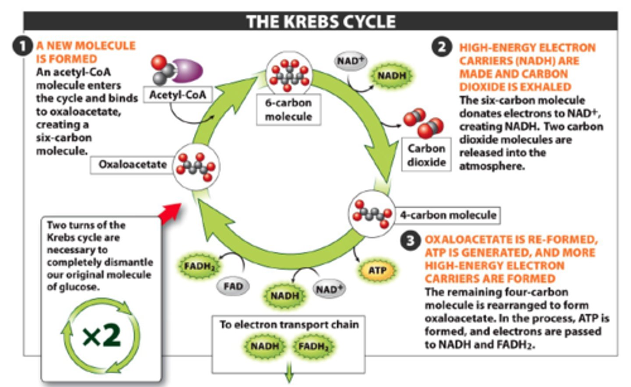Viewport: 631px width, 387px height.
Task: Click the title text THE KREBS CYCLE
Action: (321, 21)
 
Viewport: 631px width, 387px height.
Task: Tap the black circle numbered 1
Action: (22, 46)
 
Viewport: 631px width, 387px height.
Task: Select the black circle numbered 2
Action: (442, 46)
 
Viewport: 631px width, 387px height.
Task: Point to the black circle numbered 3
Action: (410, 240)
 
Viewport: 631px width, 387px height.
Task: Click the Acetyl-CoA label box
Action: (177, 95)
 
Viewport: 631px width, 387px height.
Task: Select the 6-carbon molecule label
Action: (288, 110)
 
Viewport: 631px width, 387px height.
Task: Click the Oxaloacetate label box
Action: (132, 165)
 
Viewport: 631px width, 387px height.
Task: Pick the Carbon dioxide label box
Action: (426, 155)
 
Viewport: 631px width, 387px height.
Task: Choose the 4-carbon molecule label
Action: (447, 215)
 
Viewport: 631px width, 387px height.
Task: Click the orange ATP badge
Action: (377, 271)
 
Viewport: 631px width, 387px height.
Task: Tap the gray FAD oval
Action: (233, 286)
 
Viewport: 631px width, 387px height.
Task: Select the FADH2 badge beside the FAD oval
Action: (199, 266)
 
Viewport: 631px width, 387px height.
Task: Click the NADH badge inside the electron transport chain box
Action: (264, 346)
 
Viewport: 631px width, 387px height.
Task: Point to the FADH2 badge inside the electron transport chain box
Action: (313, 346)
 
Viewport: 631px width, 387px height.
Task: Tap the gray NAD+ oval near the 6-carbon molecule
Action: (351, 61)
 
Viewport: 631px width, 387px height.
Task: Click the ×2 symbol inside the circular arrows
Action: (102, 336)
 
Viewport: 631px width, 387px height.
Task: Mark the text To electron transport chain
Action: (289, 324)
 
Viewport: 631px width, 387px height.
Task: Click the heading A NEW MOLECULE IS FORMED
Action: (85, 52)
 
